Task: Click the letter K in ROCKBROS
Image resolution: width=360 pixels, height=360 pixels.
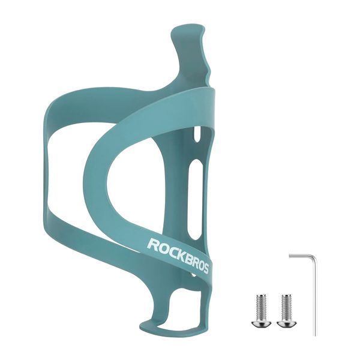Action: pos(177,255)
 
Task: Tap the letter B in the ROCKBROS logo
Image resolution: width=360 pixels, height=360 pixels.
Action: pos(185,259)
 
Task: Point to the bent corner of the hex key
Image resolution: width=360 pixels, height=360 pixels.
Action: pos(314,256)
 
